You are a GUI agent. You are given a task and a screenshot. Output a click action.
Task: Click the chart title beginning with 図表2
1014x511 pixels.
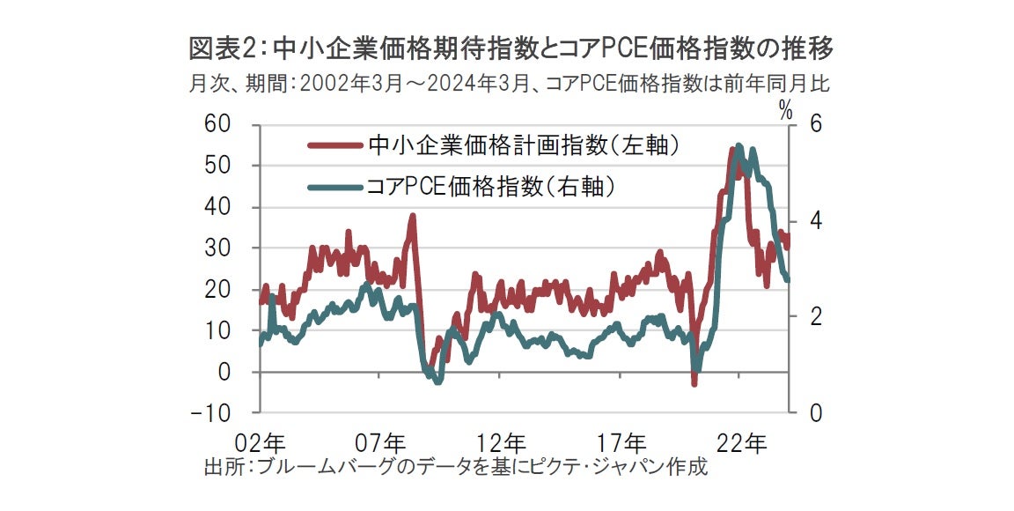point(511,48)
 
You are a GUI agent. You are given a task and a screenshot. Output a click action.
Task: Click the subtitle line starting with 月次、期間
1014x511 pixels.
point(510,85)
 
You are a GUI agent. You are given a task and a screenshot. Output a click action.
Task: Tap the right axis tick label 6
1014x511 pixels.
point(804,124)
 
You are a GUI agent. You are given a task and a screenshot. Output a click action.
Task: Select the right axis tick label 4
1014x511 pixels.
point(804,220)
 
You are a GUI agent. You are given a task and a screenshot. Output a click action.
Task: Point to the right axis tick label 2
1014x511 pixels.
point(804,317)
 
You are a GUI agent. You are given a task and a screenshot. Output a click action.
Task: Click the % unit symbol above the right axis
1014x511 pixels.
point(785,109)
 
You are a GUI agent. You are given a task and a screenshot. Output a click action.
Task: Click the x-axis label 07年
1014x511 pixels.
point(381,441)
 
